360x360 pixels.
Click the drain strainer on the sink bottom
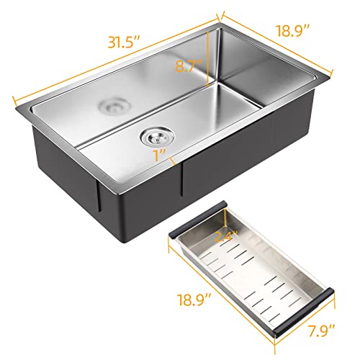[154, 134]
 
